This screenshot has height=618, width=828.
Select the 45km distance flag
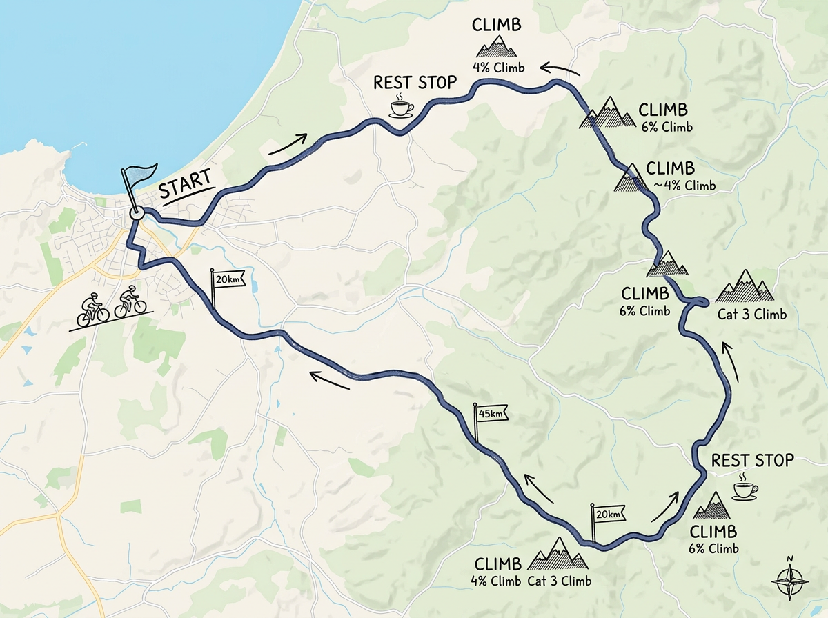pyautogui.click(x=490, y=413)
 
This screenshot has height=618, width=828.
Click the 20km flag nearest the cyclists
pyautogui.click(x=226, y=279)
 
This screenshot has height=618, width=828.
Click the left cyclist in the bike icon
pyautogui.click(x=93, y=308)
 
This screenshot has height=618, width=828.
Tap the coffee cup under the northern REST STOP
pyautogui.click(x=401, y=108)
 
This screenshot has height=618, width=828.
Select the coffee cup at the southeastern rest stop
pyautogui.click(x=743, y=488)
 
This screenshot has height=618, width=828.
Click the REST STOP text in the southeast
pyautogui.click(x=752, y=460)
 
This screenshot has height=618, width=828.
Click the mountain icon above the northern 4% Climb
pyautogui.click(x=497, y=48)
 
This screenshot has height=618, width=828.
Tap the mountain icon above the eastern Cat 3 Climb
pyautogui.click(x=744, y=286)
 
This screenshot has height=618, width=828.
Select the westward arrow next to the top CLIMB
pyautogui.click(x=560, y=68)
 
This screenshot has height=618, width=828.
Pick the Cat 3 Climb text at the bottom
pyautogui.click(x=560, y=580)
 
